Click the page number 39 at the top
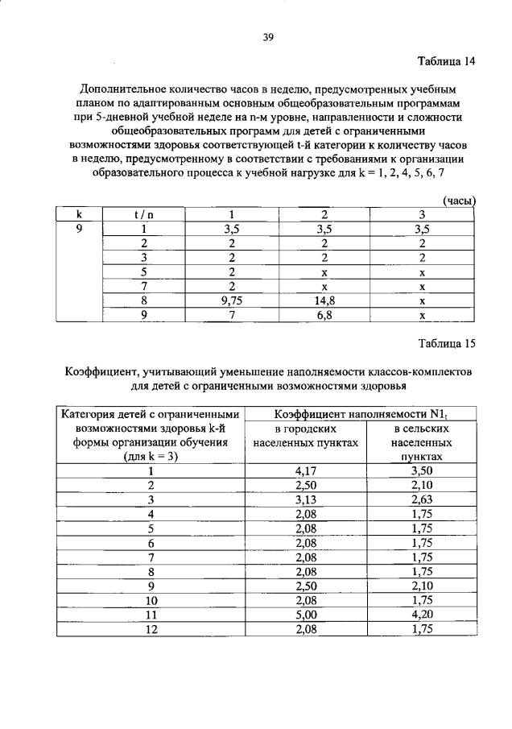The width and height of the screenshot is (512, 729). click(x=269, y=35)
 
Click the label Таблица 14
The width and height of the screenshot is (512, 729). click(x=446, y=62)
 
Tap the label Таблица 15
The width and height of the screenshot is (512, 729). click(x=446, y=344)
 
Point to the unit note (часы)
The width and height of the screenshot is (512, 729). click(x=459, y=201)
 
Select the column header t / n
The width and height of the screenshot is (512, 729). click(x=145, y=214)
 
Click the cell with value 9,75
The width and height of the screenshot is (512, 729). click(x=231, y=300)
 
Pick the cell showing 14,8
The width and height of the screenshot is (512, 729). click(x=324, y=300)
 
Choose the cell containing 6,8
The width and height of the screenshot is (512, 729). click(x=324, y=315)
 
